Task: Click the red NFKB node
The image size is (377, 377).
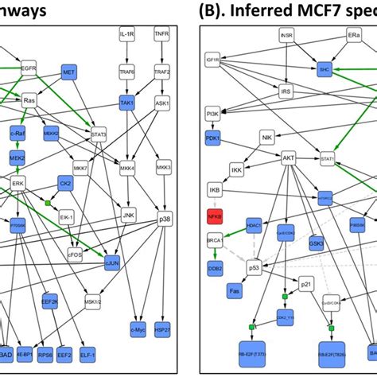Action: point(214,217)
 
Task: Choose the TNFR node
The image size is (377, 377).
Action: point(162,37)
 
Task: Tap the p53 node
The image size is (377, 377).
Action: point(255,268)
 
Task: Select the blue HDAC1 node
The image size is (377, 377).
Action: point(255,225)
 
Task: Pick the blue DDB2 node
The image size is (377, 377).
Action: point(214,270)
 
